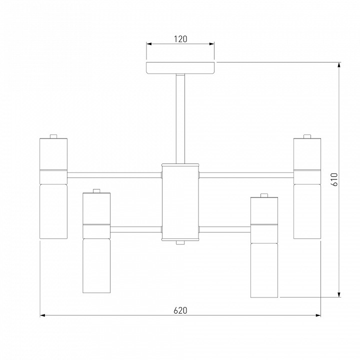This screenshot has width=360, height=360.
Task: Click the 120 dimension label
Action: pos(180,39)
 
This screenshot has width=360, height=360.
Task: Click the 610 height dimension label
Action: pos(334,179)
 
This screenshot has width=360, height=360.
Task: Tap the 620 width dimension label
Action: pos(180,310)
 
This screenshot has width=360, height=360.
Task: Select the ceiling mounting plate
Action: pos(180,67)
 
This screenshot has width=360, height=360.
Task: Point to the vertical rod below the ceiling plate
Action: pos(180,118)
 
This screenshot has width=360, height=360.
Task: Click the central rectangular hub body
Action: pos(180,202)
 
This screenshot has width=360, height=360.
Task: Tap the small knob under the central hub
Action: pos(180,242)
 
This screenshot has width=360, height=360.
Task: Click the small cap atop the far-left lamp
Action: pos(53,136)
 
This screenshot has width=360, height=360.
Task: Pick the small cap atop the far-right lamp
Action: pos(307,136)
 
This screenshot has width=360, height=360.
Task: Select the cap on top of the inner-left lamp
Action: pos(96,191)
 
